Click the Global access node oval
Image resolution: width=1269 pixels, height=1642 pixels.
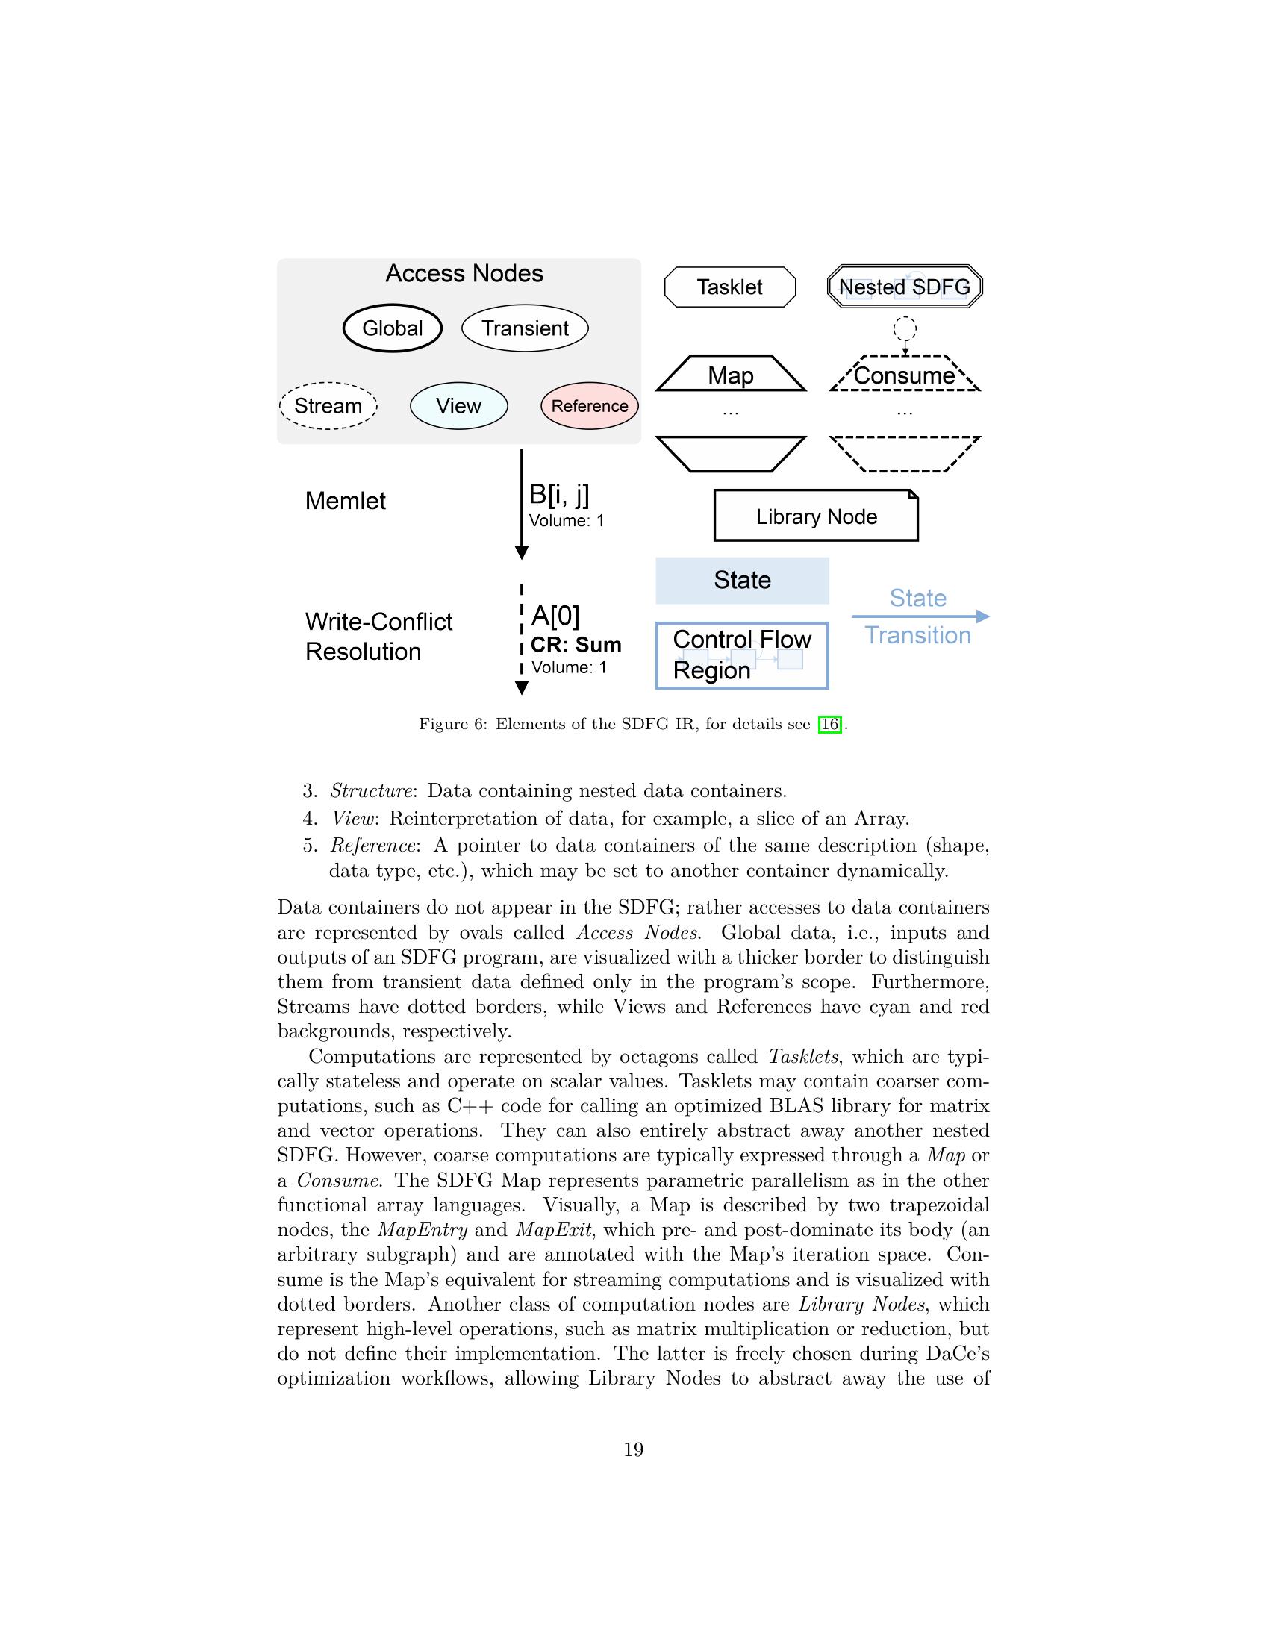click(392, 328)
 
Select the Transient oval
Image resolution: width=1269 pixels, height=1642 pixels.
click(525, 328)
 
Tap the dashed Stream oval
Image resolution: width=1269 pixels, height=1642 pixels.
click(328, 406)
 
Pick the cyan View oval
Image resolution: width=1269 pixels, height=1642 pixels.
click(458, 406)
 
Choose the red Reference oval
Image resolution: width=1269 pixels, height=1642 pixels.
click(590, 406)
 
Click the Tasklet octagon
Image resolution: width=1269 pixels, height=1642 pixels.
click(729, 287)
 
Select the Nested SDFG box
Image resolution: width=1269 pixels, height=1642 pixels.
click(905, 287)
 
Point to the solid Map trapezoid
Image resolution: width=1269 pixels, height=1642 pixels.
click(731, 375)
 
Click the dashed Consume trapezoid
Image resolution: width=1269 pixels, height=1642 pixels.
click(905, 375)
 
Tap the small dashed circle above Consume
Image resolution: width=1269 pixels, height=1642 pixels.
click(905, 328)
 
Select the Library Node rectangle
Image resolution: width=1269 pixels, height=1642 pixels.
click(816, 516)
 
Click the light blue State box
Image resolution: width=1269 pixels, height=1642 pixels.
click(742, 581)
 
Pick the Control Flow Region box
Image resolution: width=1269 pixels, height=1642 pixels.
click(742, 655)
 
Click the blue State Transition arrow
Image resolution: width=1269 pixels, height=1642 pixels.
click(920, 616)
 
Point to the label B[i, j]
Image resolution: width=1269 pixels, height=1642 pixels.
click(559, 494)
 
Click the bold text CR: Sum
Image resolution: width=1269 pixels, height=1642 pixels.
click(576, 645)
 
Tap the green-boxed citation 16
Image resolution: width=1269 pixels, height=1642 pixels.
click(829, 724)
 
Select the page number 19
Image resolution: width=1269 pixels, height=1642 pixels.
click(634, 1449)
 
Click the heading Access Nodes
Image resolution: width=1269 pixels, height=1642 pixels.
click(464, 273)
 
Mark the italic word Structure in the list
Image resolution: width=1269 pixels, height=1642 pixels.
click(372, 791)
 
